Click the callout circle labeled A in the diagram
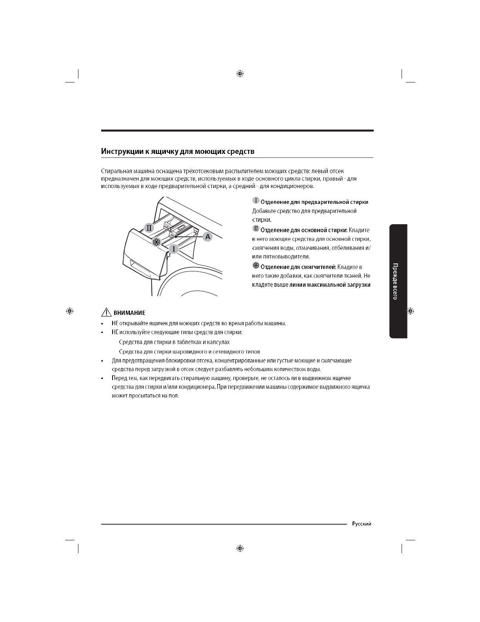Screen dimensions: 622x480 click(207, 236)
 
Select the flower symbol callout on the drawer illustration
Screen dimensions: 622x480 click(156, 242)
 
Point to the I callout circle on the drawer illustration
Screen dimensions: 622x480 click(174, 249)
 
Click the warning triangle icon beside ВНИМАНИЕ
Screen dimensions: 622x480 click(106, 313)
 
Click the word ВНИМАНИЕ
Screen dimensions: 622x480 click(129, 313)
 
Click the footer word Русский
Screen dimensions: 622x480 click(362, 523)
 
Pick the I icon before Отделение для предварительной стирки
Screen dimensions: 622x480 click(255, 201)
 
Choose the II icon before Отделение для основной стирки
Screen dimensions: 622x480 click(255, 229)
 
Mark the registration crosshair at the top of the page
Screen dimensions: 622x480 click(240, 73)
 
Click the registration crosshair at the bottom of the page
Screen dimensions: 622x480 click(240, 548)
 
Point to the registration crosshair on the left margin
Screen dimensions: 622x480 click(69, 311)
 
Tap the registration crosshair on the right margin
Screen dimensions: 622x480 click(410, 311)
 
